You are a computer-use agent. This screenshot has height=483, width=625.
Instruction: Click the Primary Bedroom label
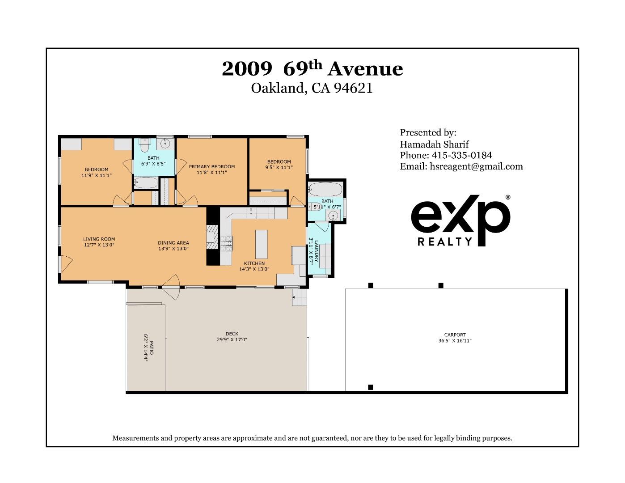212,166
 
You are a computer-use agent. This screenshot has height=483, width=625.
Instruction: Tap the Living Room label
99,239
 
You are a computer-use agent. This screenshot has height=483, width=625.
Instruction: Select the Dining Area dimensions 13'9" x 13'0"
173,249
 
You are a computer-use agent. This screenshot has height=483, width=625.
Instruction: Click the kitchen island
261,244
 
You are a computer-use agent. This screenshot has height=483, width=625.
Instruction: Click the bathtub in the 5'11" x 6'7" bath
325,189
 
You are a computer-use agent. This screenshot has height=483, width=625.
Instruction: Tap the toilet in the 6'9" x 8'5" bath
144,145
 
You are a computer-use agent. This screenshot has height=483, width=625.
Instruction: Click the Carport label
455,335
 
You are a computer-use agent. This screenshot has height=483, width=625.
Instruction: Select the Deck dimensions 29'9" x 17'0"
232,339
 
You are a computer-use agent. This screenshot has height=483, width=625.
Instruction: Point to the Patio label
152,347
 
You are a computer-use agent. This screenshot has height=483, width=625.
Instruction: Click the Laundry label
317,251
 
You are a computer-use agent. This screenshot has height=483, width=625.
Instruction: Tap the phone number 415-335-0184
462,155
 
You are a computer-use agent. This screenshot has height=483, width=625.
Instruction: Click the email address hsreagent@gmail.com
476,166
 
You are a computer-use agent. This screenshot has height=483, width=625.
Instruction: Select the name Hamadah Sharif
434,144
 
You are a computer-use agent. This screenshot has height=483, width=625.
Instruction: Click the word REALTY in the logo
445,241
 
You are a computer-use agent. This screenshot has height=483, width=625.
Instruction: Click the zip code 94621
353,88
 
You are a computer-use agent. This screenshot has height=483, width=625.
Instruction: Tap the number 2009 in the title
247,69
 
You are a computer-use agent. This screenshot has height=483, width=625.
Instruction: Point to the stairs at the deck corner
300,297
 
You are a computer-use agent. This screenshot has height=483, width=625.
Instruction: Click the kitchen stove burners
226,243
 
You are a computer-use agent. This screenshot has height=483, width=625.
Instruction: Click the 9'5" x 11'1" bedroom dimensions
279,167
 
